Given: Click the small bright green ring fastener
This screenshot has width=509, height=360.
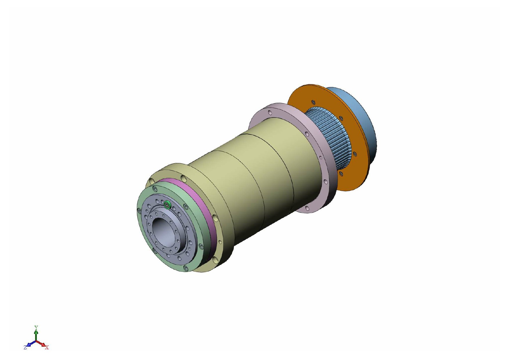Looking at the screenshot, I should [167, 205].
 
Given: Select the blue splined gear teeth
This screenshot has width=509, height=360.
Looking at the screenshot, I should [331, 136].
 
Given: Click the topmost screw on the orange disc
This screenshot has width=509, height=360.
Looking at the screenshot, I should [313, 102].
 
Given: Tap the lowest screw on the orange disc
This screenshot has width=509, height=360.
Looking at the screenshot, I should [341, 174].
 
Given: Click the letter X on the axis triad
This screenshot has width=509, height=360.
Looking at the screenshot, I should [47, 347].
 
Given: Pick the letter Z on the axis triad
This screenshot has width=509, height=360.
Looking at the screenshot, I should [25, 347].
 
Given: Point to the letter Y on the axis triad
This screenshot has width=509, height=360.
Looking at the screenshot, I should [36, 327].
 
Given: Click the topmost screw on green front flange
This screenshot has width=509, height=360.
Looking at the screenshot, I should [155, 189].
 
